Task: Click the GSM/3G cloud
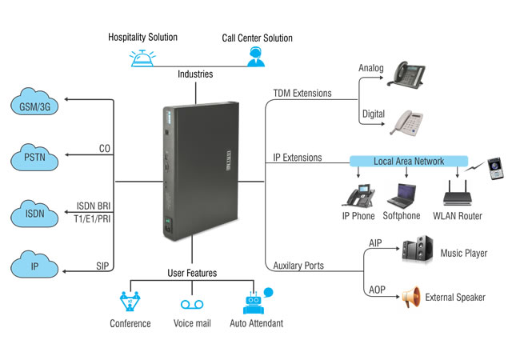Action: coord(34,102)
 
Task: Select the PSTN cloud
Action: coord(34,158)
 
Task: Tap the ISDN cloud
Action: coord(34,214)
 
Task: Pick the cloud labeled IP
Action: coord(34,265)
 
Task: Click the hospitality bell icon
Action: coord(142,58)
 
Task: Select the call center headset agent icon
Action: coord(256,57)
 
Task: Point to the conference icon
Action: coord(130,301)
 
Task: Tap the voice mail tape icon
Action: coord(192,304)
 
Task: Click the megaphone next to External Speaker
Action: coord(411,297)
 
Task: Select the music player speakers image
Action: coord(417,248)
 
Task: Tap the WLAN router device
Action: coord(458,193)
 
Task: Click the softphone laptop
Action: coord(402,195)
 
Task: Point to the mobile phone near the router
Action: coord(495,169)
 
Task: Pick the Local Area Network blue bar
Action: coord(409,161)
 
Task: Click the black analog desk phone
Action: coord(406,74)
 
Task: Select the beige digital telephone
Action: coord(406,122)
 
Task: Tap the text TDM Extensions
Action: coord(302,93)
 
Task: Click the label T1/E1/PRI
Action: coord(92,218)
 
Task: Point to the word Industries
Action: coord(195,74)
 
